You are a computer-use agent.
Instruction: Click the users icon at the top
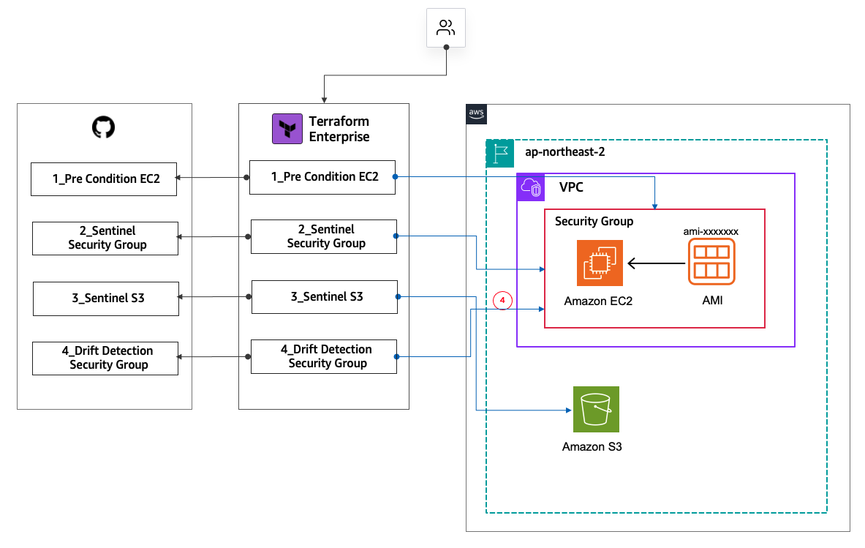coord(445,29)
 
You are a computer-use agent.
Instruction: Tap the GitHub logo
coord(104,128)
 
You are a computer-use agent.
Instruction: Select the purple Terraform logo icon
coord(286,129)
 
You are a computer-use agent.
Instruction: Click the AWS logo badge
coord(476,113)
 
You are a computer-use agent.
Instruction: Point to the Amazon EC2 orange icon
coord(600,262)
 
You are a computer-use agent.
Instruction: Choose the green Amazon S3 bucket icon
coord(595,410)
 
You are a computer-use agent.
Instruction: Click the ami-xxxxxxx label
coord(711,230)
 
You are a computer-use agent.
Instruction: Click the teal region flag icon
coord(500,153)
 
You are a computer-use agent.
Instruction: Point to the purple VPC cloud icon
coord(530,188)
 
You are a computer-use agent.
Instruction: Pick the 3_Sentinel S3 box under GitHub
coord(106,298)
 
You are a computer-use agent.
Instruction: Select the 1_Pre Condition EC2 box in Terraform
coord(322,177)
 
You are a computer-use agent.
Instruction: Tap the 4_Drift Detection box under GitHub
coord(105,358)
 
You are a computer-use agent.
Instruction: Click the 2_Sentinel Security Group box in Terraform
coord(324,236)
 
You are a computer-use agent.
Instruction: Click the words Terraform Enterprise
coord(339,129)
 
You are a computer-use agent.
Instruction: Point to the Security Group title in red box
coord(594,221)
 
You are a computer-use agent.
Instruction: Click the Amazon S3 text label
coord(592,446)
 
